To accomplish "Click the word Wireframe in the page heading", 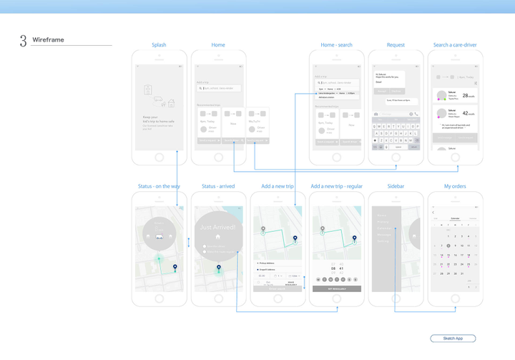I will [48, 40].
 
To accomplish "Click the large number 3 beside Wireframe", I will [23, 41].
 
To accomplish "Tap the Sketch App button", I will [453, 339].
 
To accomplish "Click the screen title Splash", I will [159, 45].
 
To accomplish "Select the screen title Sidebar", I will [396, 187].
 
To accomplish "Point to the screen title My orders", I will [454, 187].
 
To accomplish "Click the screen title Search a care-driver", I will [455, 45].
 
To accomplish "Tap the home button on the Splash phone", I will [159, 157].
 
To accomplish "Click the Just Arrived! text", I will [218, 227].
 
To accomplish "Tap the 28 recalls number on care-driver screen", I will [466, 95].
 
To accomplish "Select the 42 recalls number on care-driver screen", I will [466, 113].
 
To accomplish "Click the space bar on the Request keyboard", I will [398, 147].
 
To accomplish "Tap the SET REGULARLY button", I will [336, 288].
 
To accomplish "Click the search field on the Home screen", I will [219, 89].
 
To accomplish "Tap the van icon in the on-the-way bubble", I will [159, 235].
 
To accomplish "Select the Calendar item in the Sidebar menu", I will [384, 228].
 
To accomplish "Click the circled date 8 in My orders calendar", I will [448, 246].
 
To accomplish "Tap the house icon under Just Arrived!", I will [218, 237].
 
